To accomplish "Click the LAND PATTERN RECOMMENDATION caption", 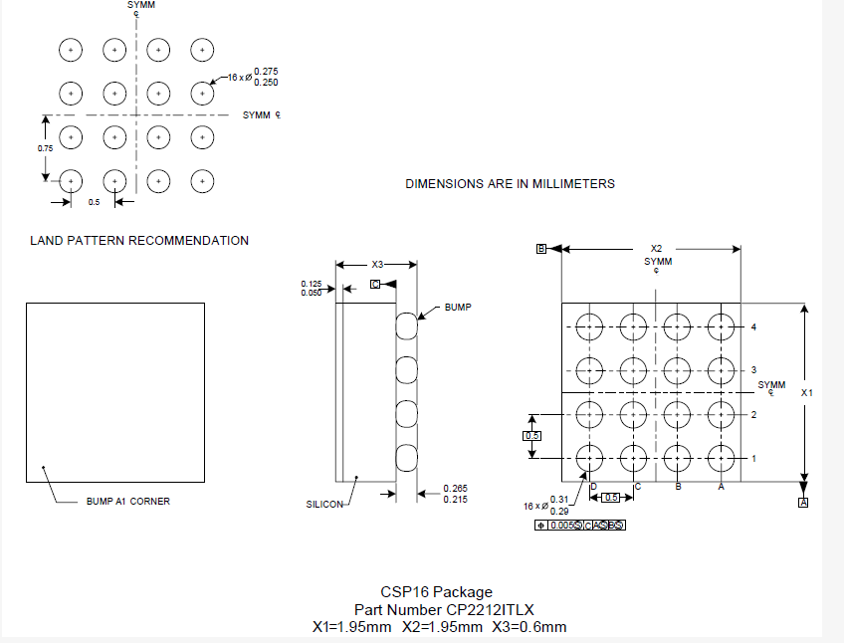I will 139,240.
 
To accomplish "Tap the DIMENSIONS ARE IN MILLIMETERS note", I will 510,183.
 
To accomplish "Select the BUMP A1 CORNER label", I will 129,501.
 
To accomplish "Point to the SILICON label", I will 324,505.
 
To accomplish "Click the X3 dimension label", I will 377,265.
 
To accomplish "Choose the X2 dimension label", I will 656,248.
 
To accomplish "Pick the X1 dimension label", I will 807,392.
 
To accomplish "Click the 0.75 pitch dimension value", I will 45,148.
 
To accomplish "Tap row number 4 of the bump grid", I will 754,326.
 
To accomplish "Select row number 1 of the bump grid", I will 754,458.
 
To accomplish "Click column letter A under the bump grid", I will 721,486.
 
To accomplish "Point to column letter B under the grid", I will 678,486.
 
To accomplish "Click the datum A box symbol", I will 803,503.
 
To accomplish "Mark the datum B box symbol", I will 541,249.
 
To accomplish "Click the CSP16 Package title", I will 436,592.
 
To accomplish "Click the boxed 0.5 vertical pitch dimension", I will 532,436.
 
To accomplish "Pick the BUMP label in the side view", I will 458,308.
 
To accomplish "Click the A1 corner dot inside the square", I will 43,466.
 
